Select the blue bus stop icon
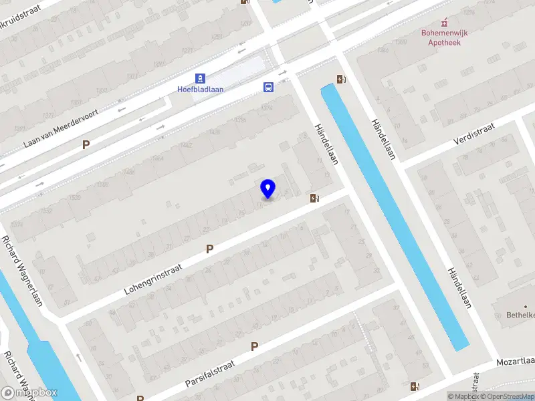point(268,87)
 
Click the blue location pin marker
point(268,189)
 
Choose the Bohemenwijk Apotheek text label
point(445,37)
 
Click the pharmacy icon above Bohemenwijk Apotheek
point(445,21)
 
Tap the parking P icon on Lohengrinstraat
point(209,249)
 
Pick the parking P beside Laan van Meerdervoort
point(86,144)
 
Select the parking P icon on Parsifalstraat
point(254,346)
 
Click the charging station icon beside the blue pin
point(314,198)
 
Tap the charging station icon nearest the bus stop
point(342,80)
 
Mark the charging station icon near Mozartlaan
point(415,386)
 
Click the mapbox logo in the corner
point(29,393)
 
